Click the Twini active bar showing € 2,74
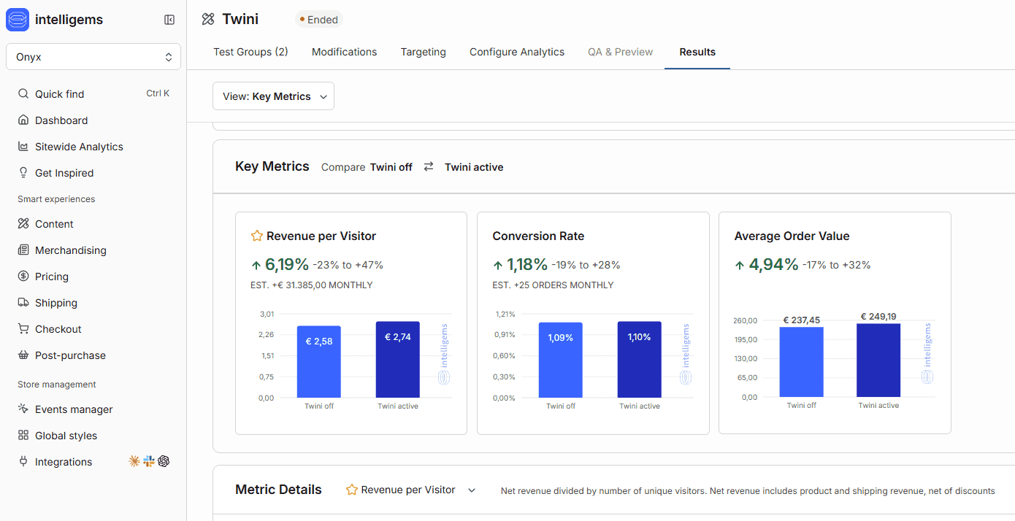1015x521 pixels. coord(397,360)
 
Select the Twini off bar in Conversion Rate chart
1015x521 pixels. coord(561,360)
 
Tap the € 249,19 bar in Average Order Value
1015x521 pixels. coord(878,360)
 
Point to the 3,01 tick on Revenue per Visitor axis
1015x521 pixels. coord(267,314)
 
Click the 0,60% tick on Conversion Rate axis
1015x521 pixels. coord(504,356)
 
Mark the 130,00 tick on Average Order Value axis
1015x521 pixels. coord(746,358)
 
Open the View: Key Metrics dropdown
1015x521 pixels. coord(273,96)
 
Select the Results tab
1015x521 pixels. coord(697,52)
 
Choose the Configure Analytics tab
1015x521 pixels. coord(516,52)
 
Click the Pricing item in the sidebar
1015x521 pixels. coord(52,277)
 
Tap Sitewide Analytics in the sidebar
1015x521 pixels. coord(79,147)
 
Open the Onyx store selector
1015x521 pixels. coord(93,57)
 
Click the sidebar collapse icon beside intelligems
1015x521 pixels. coord(169,20)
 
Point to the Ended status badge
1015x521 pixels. coord(319,20)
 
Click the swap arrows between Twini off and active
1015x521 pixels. coord(428,166)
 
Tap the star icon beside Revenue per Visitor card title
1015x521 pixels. coord(257,236)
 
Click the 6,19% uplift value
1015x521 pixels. coord(286,264)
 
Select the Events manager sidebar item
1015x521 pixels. coord(74,409)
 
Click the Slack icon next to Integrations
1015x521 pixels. coord(149,461)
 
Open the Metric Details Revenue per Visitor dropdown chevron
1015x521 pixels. coord(472,490)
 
